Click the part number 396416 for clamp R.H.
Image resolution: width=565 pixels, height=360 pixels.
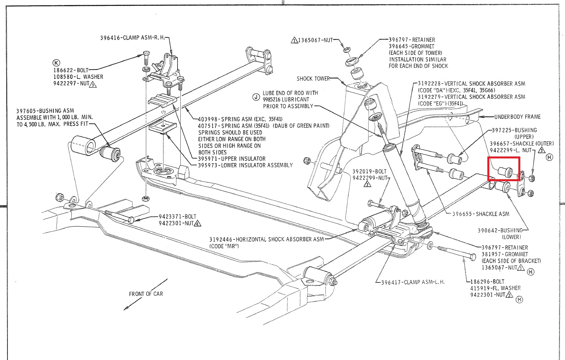(x=110, y=38)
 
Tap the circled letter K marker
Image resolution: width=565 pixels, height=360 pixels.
(x=56, y=63)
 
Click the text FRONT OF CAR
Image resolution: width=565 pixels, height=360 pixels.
(x=146, y=294)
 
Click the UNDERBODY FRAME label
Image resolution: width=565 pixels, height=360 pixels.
(x=517, y=116)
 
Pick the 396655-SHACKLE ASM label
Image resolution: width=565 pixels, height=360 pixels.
(x=481, y=214)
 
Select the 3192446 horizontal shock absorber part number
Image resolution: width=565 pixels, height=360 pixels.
(x=222, y=239)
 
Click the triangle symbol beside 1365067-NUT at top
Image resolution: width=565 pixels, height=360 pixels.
(x=294, y=40)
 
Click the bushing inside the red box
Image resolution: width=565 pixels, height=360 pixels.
(x=506, y=171)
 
